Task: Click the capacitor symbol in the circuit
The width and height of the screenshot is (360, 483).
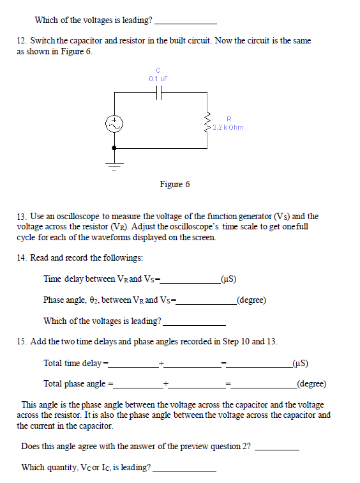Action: point(159,92)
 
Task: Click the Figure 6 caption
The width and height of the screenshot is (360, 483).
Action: point(174,185)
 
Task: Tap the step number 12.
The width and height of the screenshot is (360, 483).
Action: point(21,41)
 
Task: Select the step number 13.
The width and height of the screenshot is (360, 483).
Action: point(21,217)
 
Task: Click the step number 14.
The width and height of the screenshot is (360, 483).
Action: point(21,258)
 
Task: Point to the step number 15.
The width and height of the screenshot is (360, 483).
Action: point(21,341)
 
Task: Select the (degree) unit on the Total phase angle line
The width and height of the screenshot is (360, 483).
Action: point(311,384)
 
